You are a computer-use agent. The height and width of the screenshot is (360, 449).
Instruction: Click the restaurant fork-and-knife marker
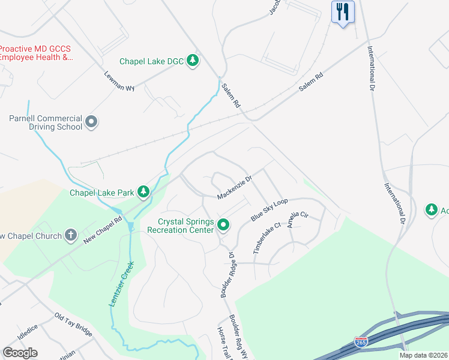pyautogui.click(x=343, y=11)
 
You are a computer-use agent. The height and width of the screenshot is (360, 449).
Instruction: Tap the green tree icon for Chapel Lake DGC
pyautogui.click(x=193, y=61)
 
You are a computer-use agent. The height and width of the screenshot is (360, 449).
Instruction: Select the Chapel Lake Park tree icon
pyautogui.click(x=143, y=192)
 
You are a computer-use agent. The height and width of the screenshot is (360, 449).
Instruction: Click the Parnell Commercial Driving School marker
pyautogui.click(x=91, y=122)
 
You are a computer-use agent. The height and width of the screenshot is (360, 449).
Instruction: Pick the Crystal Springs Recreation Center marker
pyautogui.click(x=223, y=226)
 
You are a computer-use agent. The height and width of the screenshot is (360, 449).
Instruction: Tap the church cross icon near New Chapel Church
pyautogui.click(x=71, y=235)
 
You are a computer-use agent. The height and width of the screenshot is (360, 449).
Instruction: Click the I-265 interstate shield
pyautogui.click(x=361, y=343)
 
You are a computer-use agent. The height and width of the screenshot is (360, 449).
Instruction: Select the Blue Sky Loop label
pyautogui.click(x=269, y=209)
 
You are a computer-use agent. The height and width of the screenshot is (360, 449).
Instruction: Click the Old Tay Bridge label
pyautogui.click(x=73, y=324)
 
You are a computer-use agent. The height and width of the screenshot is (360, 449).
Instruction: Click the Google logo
pyautogui.click(x=20, y=352)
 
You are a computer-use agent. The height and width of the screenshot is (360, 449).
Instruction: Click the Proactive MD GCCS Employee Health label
pyautogui.click(x=36, y=53)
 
